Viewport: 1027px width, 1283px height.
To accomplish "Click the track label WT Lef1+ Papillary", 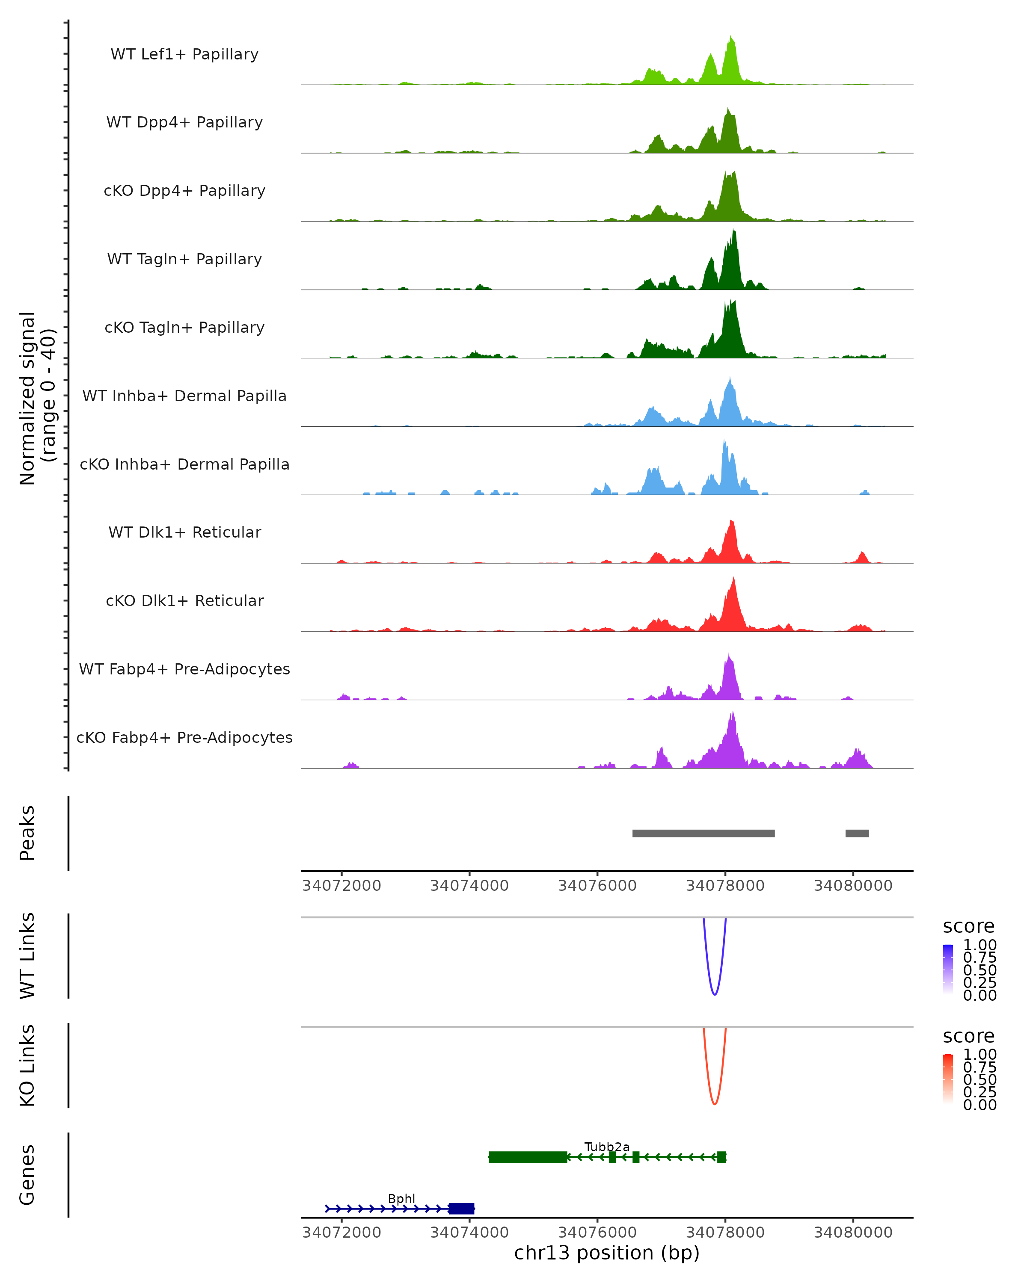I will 184,54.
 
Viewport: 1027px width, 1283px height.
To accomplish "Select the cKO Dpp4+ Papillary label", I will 184,190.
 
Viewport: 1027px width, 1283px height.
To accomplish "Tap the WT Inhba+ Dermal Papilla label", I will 184,396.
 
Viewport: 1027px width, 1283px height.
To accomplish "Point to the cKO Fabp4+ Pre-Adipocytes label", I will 184,737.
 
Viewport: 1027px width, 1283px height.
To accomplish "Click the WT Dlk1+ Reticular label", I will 184,532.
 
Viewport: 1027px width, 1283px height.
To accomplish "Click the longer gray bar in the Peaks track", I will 703,833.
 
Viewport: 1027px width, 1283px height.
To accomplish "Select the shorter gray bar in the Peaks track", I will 857,833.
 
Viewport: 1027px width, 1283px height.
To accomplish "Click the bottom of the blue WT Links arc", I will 715,994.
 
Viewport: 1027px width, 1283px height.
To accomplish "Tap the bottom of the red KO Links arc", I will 715,1103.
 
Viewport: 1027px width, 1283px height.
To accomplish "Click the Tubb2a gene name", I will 607,1147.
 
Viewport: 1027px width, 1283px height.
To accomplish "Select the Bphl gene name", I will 401,1198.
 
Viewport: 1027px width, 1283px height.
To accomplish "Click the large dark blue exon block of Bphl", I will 461,1209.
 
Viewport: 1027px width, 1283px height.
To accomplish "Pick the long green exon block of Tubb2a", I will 528,1157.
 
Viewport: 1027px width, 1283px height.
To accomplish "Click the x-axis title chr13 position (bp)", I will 607,1253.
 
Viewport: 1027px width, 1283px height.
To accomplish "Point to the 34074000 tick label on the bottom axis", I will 469,1232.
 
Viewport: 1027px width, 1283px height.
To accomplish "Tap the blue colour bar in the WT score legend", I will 948,969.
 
